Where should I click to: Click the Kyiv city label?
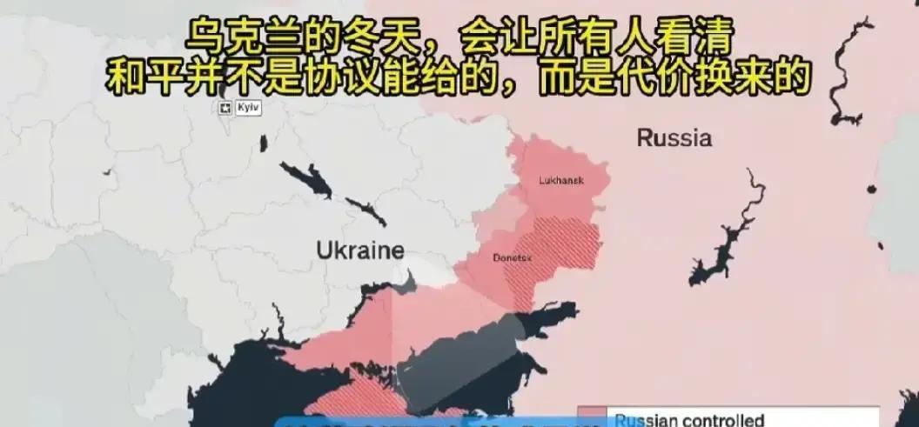click(x=247, y=107)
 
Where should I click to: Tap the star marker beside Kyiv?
click(x=225, y=108)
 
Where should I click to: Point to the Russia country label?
click(x=674, y=137)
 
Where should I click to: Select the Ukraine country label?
click(x=359, y=250)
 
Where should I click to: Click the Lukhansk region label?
click(x=561, y=181)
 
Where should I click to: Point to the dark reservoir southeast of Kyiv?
click(x=306, y=181)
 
